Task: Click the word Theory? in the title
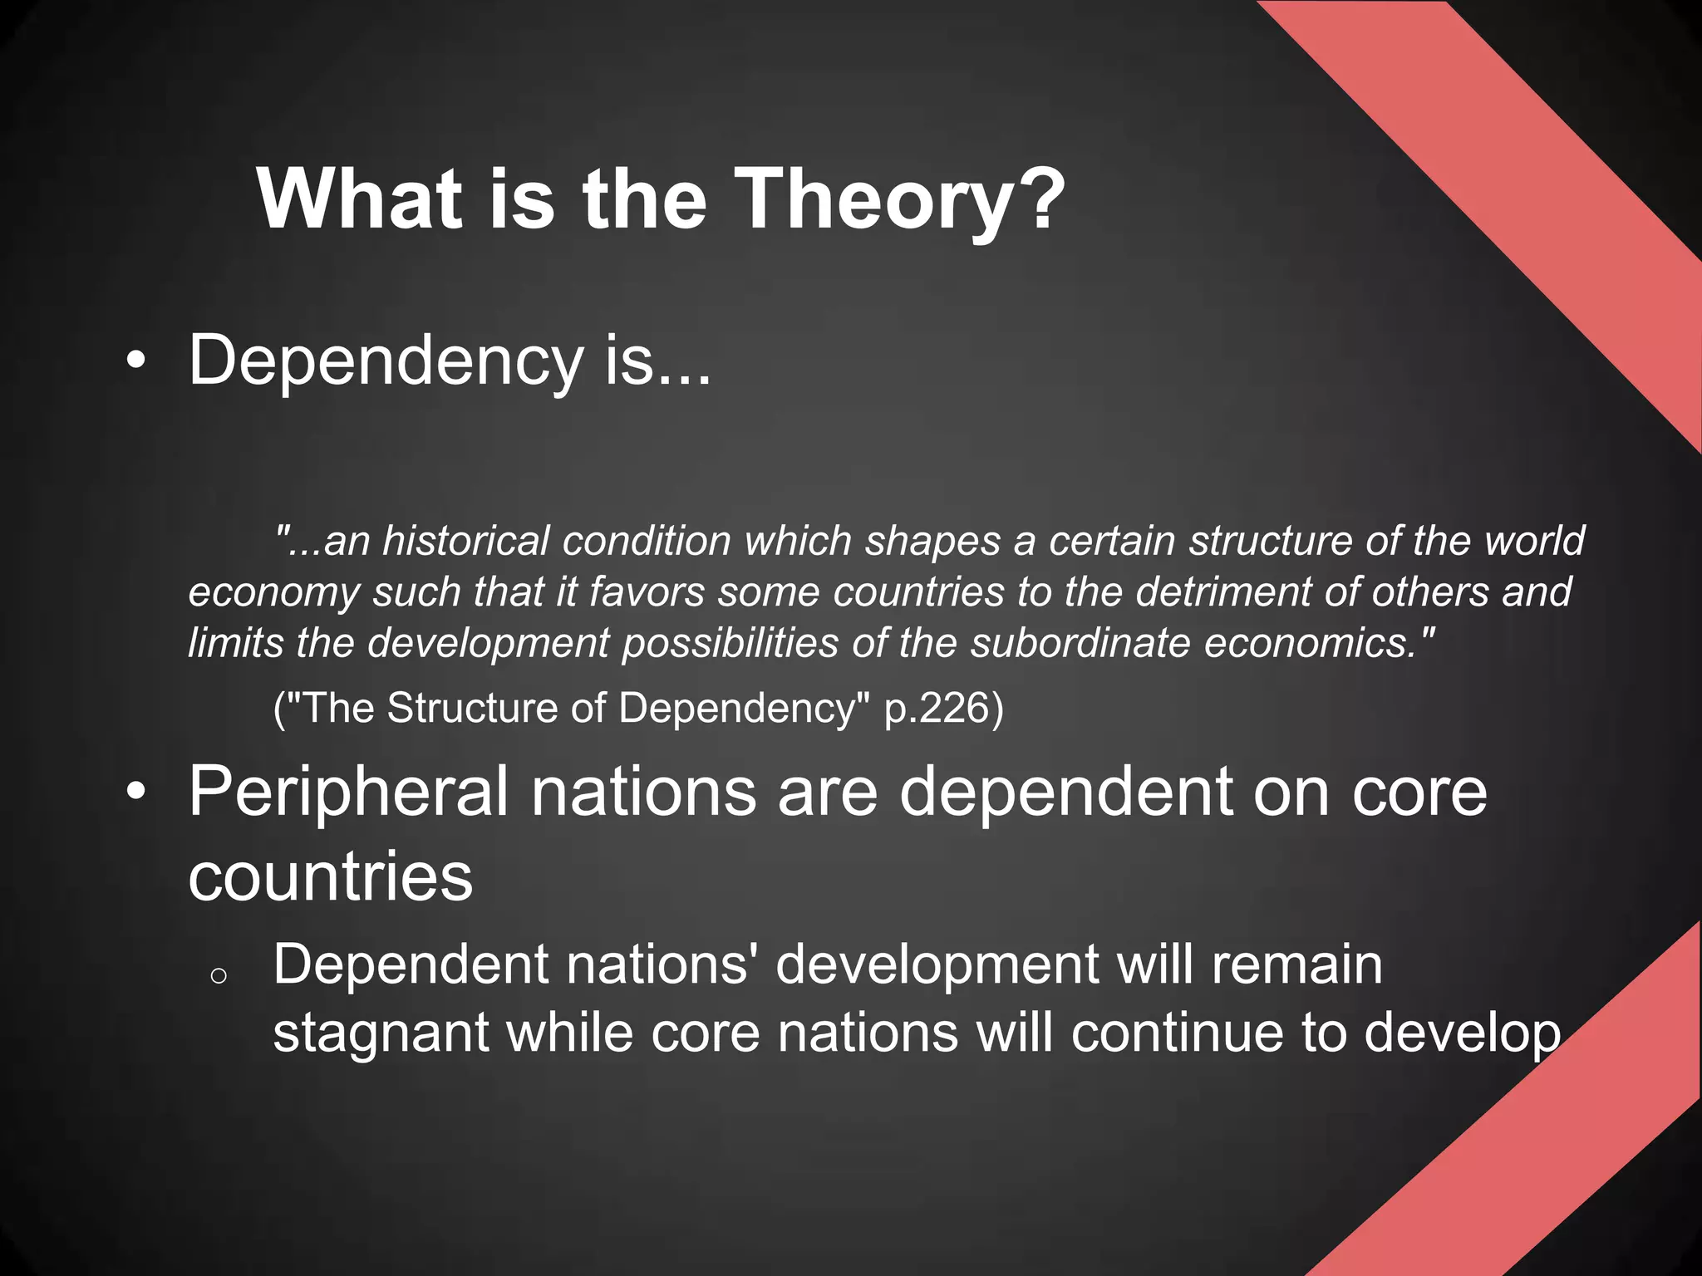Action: click(899, 199)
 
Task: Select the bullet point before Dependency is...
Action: click(136, 361)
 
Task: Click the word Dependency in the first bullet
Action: click(386, 361)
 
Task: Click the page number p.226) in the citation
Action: click(943, 708)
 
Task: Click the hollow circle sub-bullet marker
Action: click(219, 976)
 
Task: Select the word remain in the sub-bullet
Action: click(1296, 965)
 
